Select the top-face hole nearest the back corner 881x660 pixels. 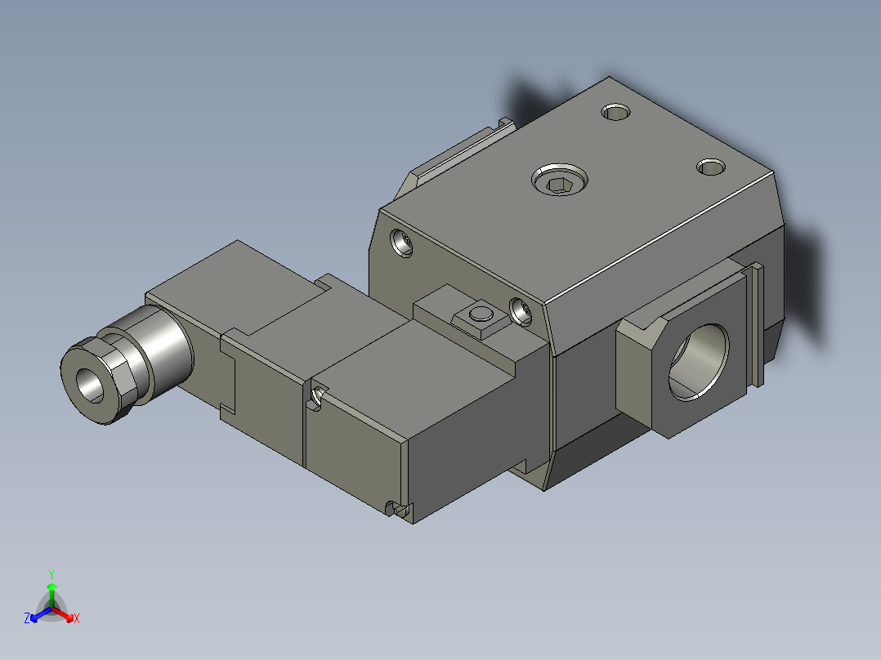615,111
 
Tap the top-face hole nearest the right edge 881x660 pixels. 710,167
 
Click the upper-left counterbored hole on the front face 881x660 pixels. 401,243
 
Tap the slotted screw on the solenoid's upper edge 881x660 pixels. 316,397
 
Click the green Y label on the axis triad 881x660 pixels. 51,574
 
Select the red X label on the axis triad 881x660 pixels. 77,619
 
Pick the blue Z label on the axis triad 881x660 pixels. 27,619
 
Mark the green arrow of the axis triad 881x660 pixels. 51,591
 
